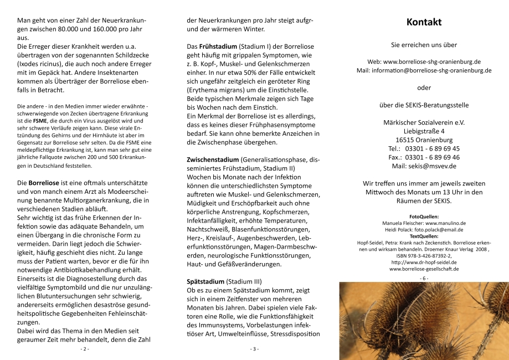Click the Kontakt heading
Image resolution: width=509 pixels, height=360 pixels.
(424, 23)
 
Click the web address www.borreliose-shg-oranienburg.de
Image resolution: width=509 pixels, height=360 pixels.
(431, 61)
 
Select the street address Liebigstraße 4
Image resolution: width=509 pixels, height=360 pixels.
(424, 131)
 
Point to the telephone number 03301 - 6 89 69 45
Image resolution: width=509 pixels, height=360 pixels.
(432, 148)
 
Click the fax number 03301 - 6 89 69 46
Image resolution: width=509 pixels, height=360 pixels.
(432, 157)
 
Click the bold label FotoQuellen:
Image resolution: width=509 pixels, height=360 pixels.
(424, 217)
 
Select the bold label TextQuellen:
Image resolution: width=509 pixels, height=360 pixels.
(424, 236)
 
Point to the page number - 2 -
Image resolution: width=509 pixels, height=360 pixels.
(85, 349)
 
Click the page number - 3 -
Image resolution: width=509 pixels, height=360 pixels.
(254, 349)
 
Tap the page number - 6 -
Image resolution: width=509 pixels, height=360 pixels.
(424, 277)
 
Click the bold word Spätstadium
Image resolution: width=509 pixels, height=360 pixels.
(205, 281)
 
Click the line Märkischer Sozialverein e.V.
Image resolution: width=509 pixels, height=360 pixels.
(424, 122)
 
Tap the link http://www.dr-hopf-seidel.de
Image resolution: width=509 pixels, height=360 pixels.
(424, 263)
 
